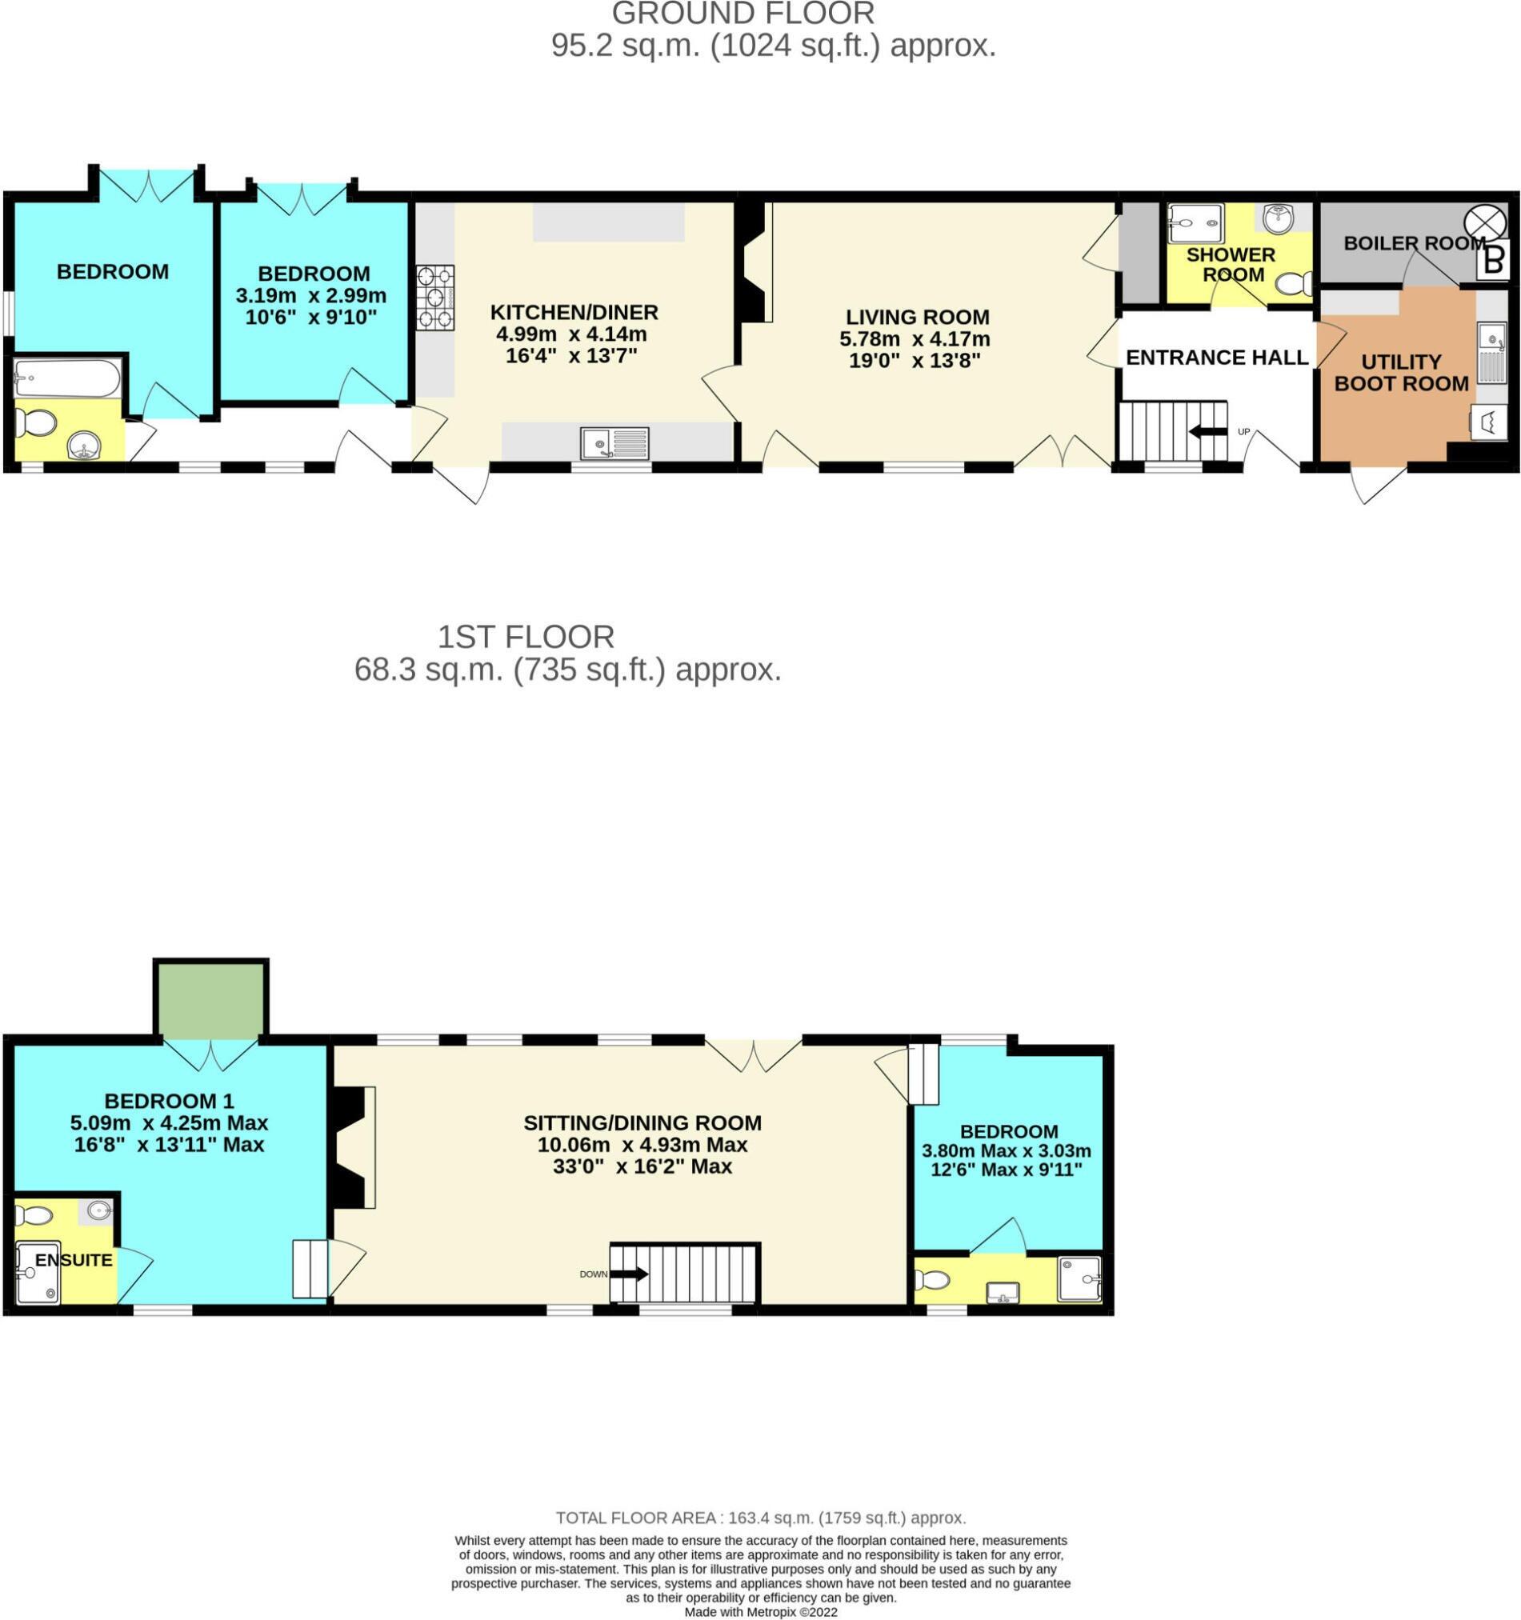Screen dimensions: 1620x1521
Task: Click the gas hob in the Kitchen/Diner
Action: (435, 298)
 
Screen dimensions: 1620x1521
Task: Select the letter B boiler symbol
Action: (1492, 262)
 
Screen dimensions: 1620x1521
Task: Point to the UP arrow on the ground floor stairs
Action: (1209, 432)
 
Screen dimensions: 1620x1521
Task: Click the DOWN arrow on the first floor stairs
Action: (628, 1273)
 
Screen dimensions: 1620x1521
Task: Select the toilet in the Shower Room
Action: (1293, 282)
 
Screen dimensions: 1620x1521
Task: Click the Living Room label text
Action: (917, 317)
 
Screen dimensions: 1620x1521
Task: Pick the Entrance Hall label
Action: (1217, 357)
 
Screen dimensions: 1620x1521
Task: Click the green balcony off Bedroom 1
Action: (211, 1001)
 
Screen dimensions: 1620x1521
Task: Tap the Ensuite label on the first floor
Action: (74, 1260)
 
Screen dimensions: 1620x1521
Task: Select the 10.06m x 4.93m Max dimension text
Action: (642, 1144)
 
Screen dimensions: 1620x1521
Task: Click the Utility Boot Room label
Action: (1400, 373)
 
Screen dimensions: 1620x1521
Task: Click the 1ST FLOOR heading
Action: (526, 636)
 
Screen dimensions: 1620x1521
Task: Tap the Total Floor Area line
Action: (759, 1518)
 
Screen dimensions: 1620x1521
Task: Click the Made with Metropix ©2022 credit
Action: (759, 1612)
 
